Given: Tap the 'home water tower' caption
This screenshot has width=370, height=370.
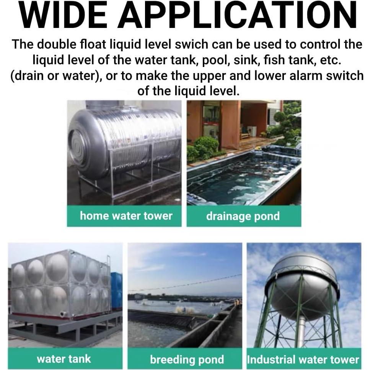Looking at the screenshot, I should [x=126, y=216].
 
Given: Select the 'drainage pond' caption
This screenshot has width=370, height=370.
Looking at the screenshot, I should [x=243, y=216].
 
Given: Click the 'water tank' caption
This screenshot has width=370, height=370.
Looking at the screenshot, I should [x=64, y=359].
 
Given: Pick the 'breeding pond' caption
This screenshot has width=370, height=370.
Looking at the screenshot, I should [x=187, y=359].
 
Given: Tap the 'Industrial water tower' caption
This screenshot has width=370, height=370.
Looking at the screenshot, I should [x=303, y=359].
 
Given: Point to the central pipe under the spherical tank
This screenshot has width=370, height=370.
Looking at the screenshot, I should [x=301, y=331].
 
